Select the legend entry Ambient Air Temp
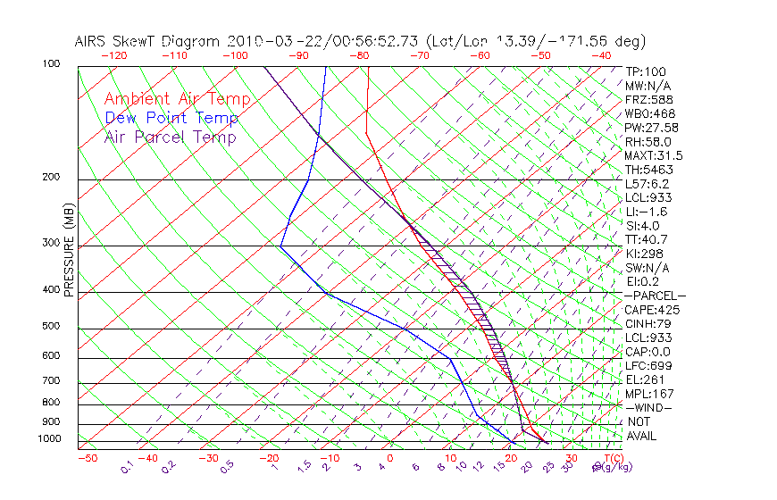[x=177, y=99]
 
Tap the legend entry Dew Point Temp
[x=171, y=118]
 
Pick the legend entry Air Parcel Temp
[x=170, y=137]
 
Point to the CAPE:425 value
[x=652, y=310]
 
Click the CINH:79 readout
[x=648, y=324]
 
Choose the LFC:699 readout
[x=647, y=366]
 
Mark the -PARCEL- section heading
[x=655, y=296]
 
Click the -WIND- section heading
[x=648, y=408]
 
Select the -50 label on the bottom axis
[x=88, y=458]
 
